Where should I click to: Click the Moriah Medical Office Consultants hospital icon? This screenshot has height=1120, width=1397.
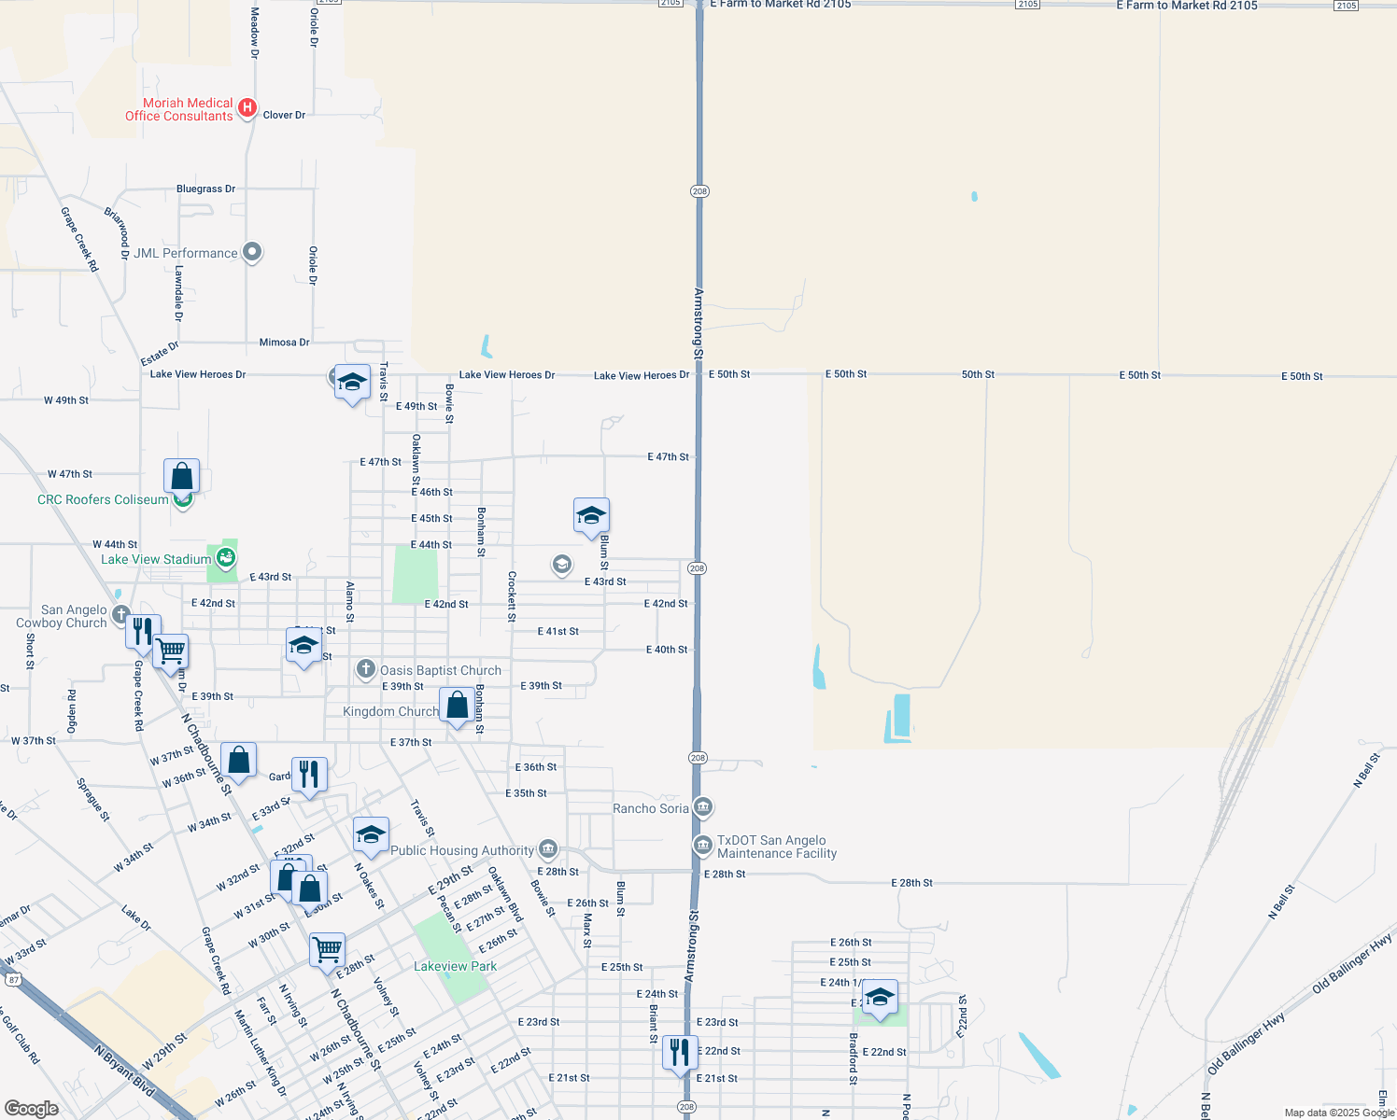[x=247, y=108]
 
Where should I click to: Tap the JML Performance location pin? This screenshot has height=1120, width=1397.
[x=252, y=252]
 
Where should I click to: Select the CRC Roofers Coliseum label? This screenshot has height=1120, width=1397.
[x=103, y=500]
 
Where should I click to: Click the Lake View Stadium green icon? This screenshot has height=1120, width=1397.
[x=225, y=558]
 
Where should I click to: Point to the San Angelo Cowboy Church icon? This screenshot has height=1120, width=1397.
[x=120, y=614]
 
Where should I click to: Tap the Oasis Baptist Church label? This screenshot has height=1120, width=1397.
[x=440, y=670]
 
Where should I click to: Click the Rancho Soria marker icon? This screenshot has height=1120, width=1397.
[x=703, y=806]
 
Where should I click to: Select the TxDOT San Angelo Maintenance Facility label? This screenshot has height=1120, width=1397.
[x=776, y=847]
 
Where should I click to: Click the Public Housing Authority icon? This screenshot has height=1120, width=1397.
[x=548, y=848]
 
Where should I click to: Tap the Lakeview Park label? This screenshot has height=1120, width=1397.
[x=455, y=966]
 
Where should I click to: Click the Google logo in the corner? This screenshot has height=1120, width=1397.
[x=31, y=1109]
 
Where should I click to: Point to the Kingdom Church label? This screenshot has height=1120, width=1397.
[x=390, y=711]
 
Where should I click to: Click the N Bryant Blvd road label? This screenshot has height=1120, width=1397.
[x=124, y=1070]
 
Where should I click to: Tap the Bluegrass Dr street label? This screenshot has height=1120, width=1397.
[x=205, y=189]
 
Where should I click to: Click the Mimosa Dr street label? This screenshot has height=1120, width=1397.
[x=284, y=343]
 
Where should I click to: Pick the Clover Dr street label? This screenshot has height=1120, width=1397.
[x=284, y=116]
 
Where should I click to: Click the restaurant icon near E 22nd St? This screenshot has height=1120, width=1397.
[x=679, y=1052]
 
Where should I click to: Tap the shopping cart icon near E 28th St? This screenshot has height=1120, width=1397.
[x=327, y=950]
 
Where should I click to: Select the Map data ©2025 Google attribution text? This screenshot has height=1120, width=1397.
[x=1338, y=1113]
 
